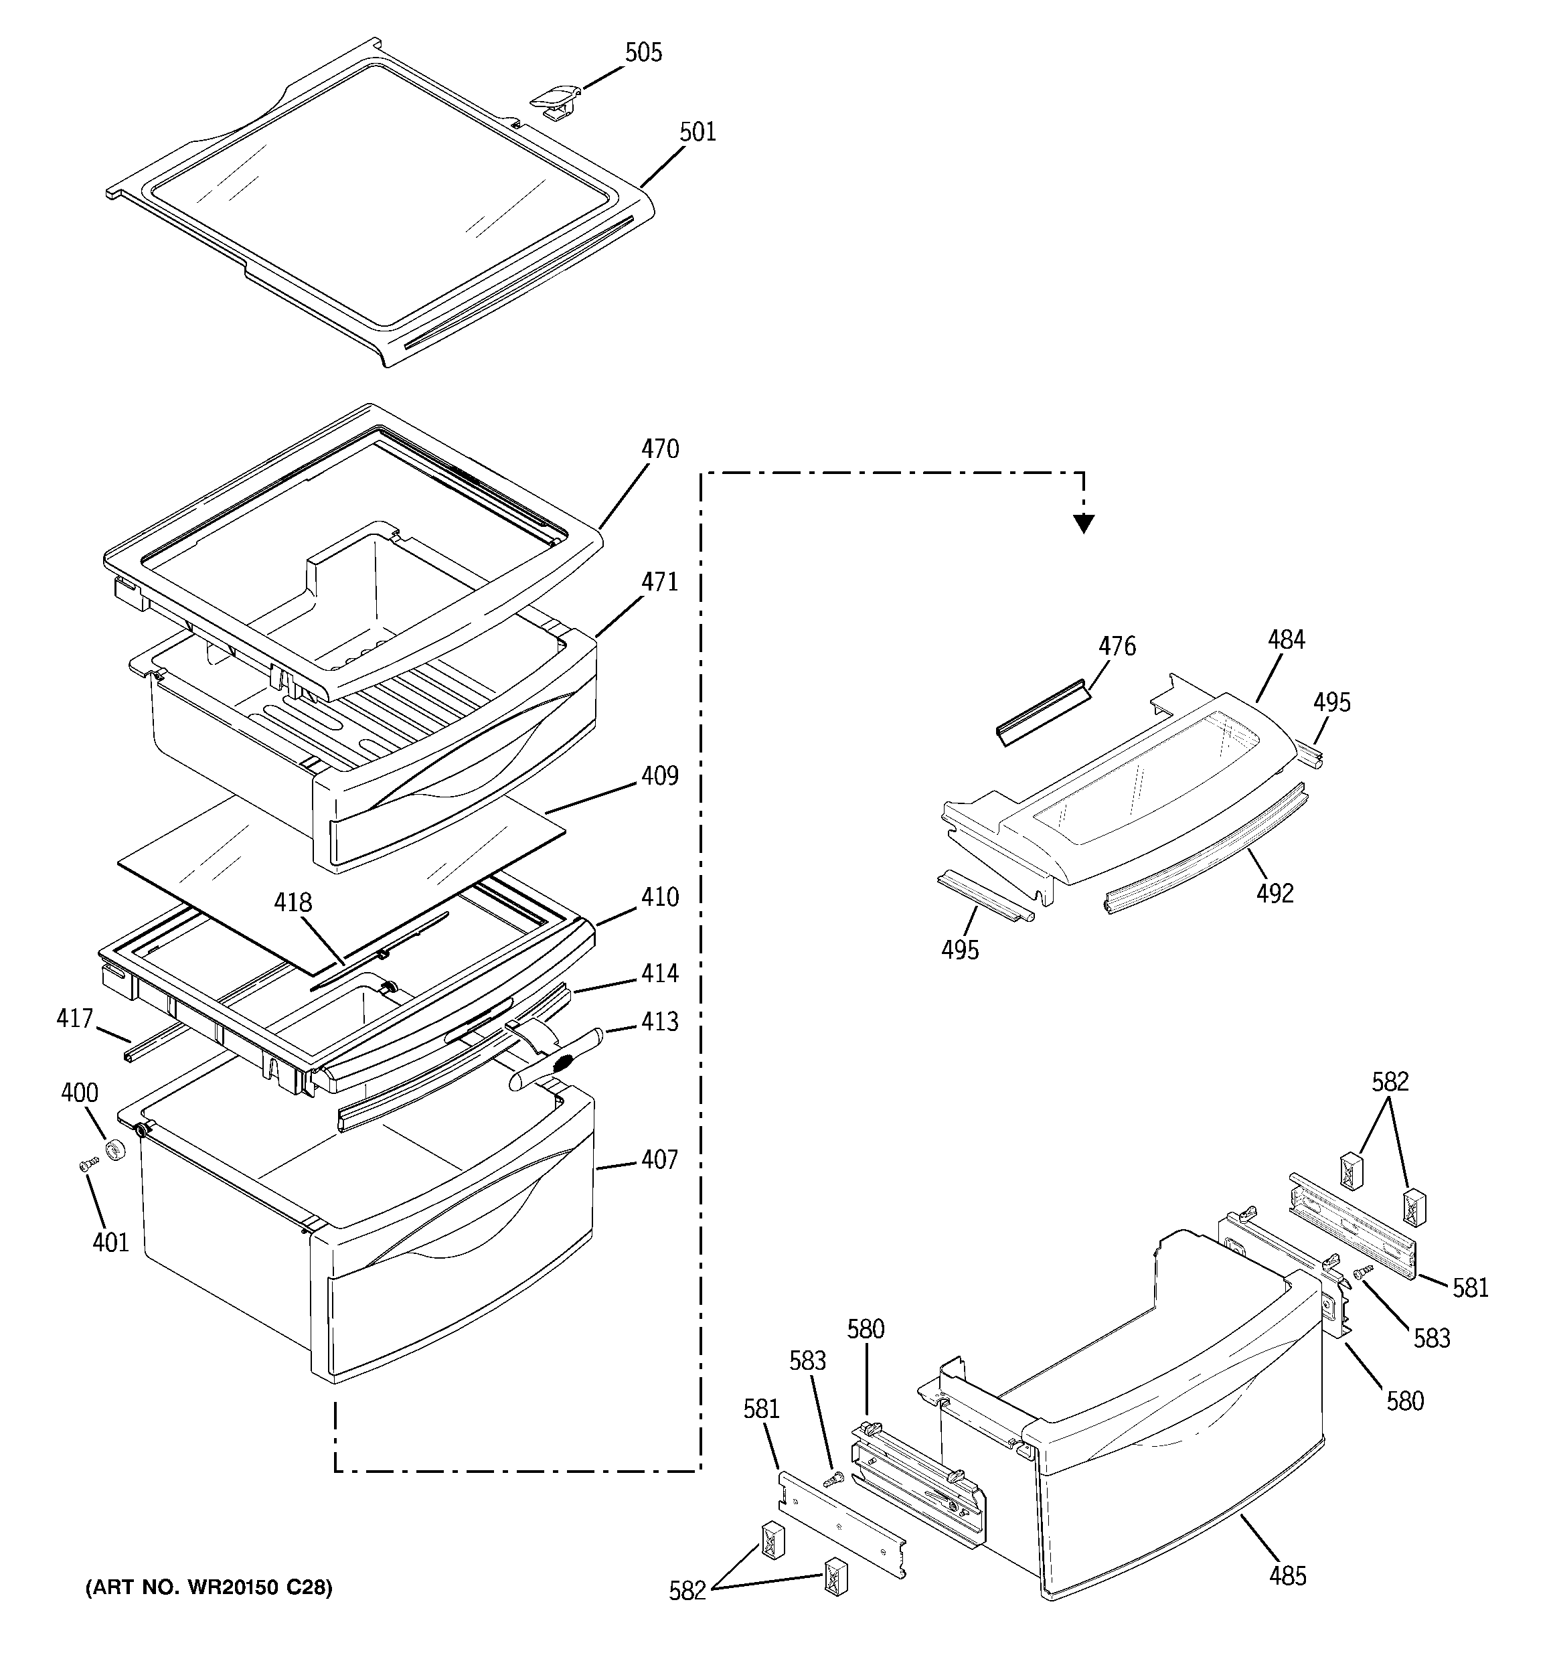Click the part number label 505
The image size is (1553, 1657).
tap(643, 52)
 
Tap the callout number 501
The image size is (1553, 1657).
tap(698, 132)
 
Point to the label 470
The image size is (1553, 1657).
tap(659, 449)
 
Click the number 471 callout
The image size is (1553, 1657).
tap(659, 581)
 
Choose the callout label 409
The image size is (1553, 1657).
tap(659, 775)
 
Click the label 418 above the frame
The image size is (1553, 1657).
tap(293, 902)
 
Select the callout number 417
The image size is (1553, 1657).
tap(74, 1018)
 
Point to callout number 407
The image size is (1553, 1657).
tap(659, 1159)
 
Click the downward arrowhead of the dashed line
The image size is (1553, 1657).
tap(1083, 524)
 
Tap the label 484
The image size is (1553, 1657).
tap(1287, 640)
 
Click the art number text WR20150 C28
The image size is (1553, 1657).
tap(208, 1588)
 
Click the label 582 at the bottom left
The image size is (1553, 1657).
tap(687, 1591)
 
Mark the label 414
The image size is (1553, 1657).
tap(659, 973)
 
